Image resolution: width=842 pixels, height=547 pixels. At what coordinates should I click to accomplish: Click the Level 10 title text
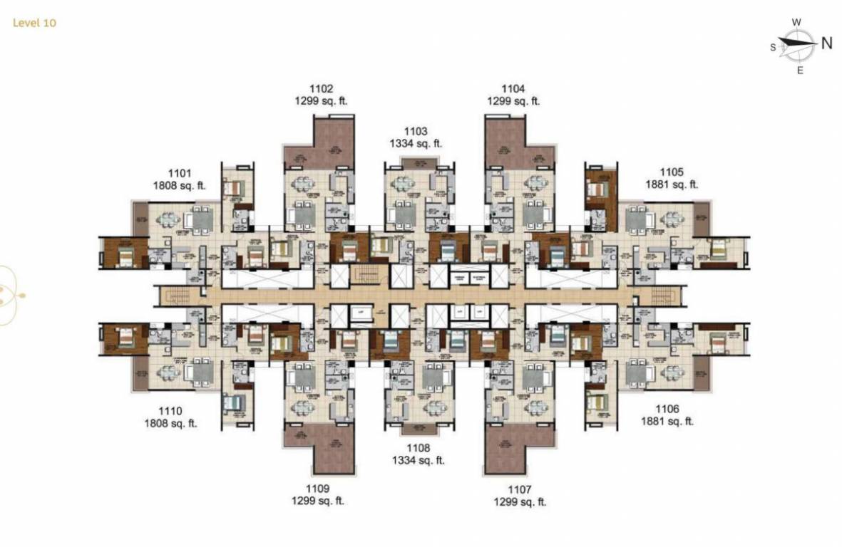(x=34, y=23)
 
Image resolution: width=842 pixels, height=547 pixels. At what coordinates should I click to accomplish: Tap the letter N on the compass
(x=827, y=43)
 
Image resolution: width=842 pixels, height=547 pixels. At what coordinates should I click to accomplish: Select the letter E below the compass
(x=800, y=70)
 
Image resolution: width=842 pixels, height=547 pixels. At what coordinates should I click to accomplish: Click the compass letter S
(x=773, y=47)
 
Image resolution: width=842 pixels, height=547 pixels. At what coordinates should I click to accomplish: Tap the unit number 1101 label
(x=180, y=173)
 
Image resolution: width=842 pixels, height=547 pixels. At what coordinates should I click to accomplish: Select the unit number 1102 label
(x=321, y=89)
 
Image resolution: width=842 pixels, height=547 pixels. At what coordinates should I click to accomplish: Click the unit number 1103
(x=416, y=131)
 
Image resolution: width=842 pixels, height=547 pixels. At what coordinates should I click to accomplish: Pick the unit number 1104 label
(x=513, y=89)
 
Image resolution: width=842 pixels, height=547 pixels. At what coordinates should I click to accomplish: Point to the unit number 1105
(x=672, y=172)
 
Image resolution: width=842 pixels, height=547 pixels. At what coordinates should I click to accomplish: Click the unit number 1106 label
(x=667, y=409)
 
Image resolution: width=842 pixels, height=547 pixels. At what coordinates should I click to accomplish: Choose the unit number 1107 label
(x=520, y=489)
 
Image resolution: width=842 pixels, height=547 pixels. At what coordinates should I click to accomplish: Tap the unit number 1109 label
(x=318, y=489)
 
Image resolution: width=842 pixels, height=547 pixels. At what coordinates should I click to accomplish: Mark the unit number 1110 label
(x=170, y=411)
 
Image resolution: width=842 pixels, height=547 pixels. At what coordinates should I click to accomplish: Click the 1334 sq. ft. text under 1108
(x=418, y=460)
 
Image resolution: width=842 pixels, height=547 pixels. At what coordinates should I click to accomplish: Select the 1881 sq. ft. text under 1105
(x=672, y=184)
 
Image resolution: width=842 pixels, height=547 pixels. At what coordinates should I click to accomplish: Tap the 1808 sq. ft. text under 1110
(x=170, y=424)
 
